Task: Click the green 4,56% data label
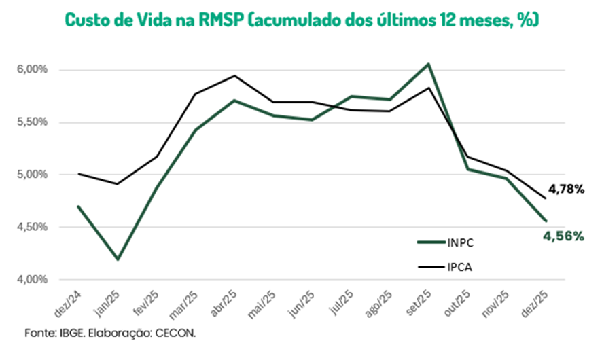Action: click(562, 236)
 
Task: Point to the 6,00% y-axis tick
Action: click(32, 69)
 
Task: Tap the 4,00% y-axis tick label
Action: click(32, 279)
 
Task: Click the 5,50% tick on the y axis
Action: click(32, 122)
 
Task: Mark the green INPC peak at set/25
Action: click(428, 64)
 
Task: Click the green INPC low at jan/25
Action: click(118, 259)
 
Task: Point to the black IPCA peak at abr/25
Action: click(234, 75)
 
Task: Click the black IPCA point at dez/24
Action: click(79, 173)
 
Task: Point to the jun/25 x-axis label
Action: click(303, 304)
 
